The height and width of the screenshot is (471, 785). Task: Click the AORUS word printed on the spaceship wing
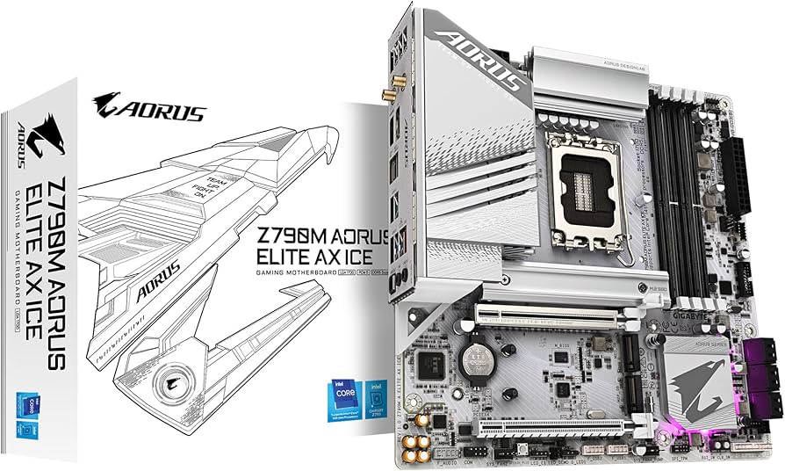click(x=157, y=269)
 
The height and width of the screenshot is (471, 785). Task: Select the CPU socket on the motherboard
click(x=586, y=191)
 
